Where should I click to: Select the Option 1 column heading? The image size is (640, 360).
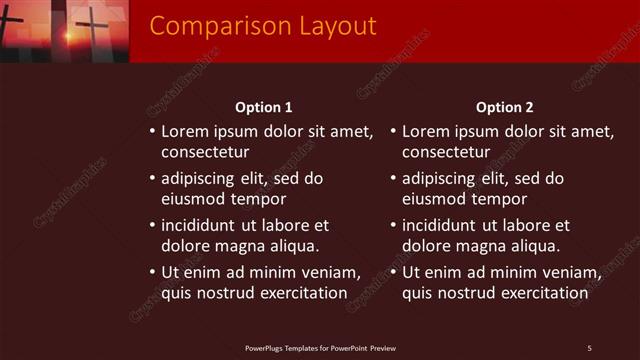tap(264, 107)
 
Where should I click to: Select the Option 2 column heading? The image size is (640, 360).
tap(505, 107)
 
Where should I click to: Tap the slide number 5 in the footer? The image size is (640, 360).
tap(590, 348)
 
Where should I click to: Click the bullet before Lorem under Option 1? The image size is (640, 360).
tap(152, 132)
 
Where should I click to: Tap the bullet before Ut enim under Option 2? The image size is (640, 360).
tap(393, 273)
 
